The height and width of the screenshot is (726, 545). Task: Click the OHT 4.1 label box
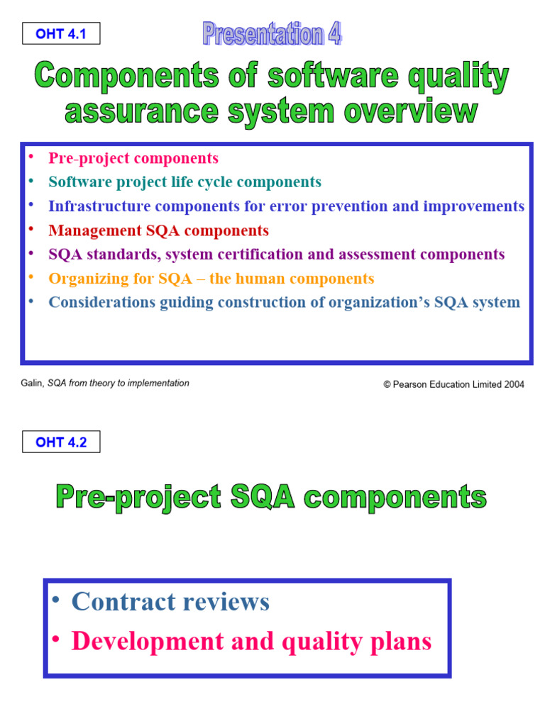pos(60,33)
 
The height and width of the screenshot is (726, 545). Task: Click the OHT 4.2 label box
pos(60,442)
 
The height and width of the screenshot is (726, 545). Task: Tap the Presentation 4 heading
pos(272,33)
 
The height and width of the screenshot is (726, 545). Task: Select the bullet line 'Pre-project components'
pos(133,158)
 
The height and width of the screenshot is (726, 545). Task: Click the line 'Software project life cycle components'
pos(185,182)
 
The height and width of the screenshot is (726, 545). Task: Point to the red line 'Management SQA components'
pos(158,230)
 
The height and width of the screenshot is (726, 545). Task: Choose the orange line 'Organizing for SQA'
pos(211,279)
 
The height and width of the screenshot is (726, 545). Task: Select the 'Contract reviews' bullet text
pos(170,602)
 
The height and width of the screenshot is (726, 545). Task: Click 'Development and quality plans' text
pos(251,642)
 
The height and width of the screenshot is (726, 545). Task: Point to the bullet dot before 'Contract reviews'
pos(55,600)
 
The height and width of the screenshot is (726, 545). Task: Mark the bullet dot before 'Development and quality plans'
pos(55,640)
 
